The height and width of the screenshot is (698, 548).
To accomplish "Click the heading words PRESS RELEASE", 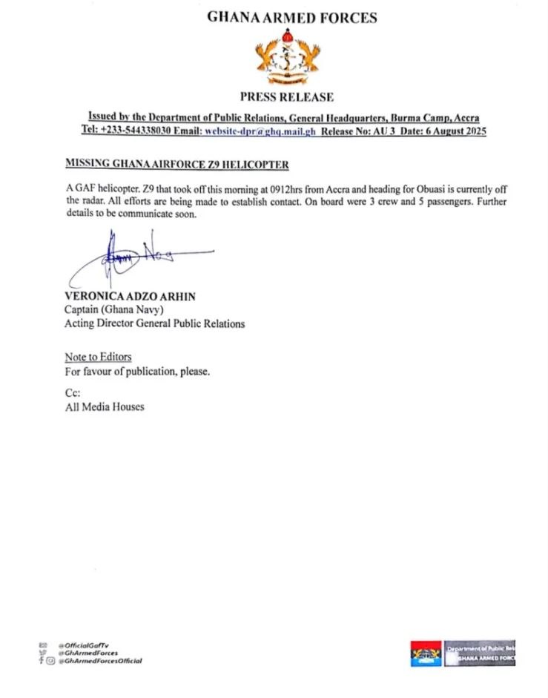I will pyautogui.click(x=286, y=96).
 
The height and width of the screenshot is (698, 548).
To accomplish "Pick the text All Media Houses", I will pyautogui.click(x=105, y=406).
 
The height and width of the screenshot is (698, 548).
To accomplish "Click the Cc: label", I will pyautogui.click(x=73, y=393).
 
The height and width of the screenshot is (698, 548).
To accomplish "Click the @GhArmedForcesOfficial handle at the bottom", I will pyautogui.click(x=100, y=660).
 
